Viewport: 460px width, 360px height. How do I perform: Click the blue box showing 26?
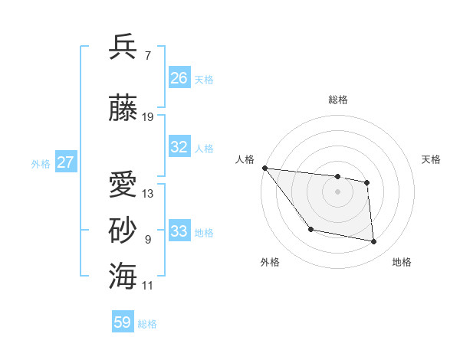(179, 78)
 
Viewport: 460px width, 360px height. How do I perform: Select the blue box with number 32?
(179, 147)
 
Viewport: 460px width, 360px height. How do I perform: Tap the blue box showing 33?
(179, 231)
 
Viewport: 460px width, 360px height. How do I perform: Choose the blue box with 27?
(66, 162)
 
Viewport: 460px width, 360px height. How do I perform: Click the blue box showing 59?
(123, 322)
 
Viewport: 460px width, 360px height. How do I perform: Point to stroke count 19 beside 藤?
(148, 117)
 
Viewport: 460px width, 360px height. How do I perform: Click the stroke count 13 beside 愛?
(148, 193)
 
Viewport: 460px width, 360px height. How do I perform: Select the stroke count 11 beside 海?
(148, 285)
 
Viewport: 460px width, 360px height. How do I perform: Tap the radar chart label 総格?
(337, 100)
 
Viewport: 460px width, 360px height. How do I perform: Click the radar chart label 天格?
(432, 159)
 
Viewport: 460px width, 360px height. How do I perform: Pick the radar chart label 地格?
(402, 263)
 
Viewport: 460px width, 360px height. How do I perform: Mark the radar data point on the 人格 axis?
(264, 168)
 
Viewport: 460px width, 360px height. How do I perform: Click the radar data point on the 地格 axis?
(374, 242)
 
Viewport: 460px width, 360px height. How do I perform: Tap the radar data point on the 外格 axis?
(310, 229)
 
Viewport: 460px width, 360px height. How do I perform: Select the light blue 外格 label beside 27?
(40, 163)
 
